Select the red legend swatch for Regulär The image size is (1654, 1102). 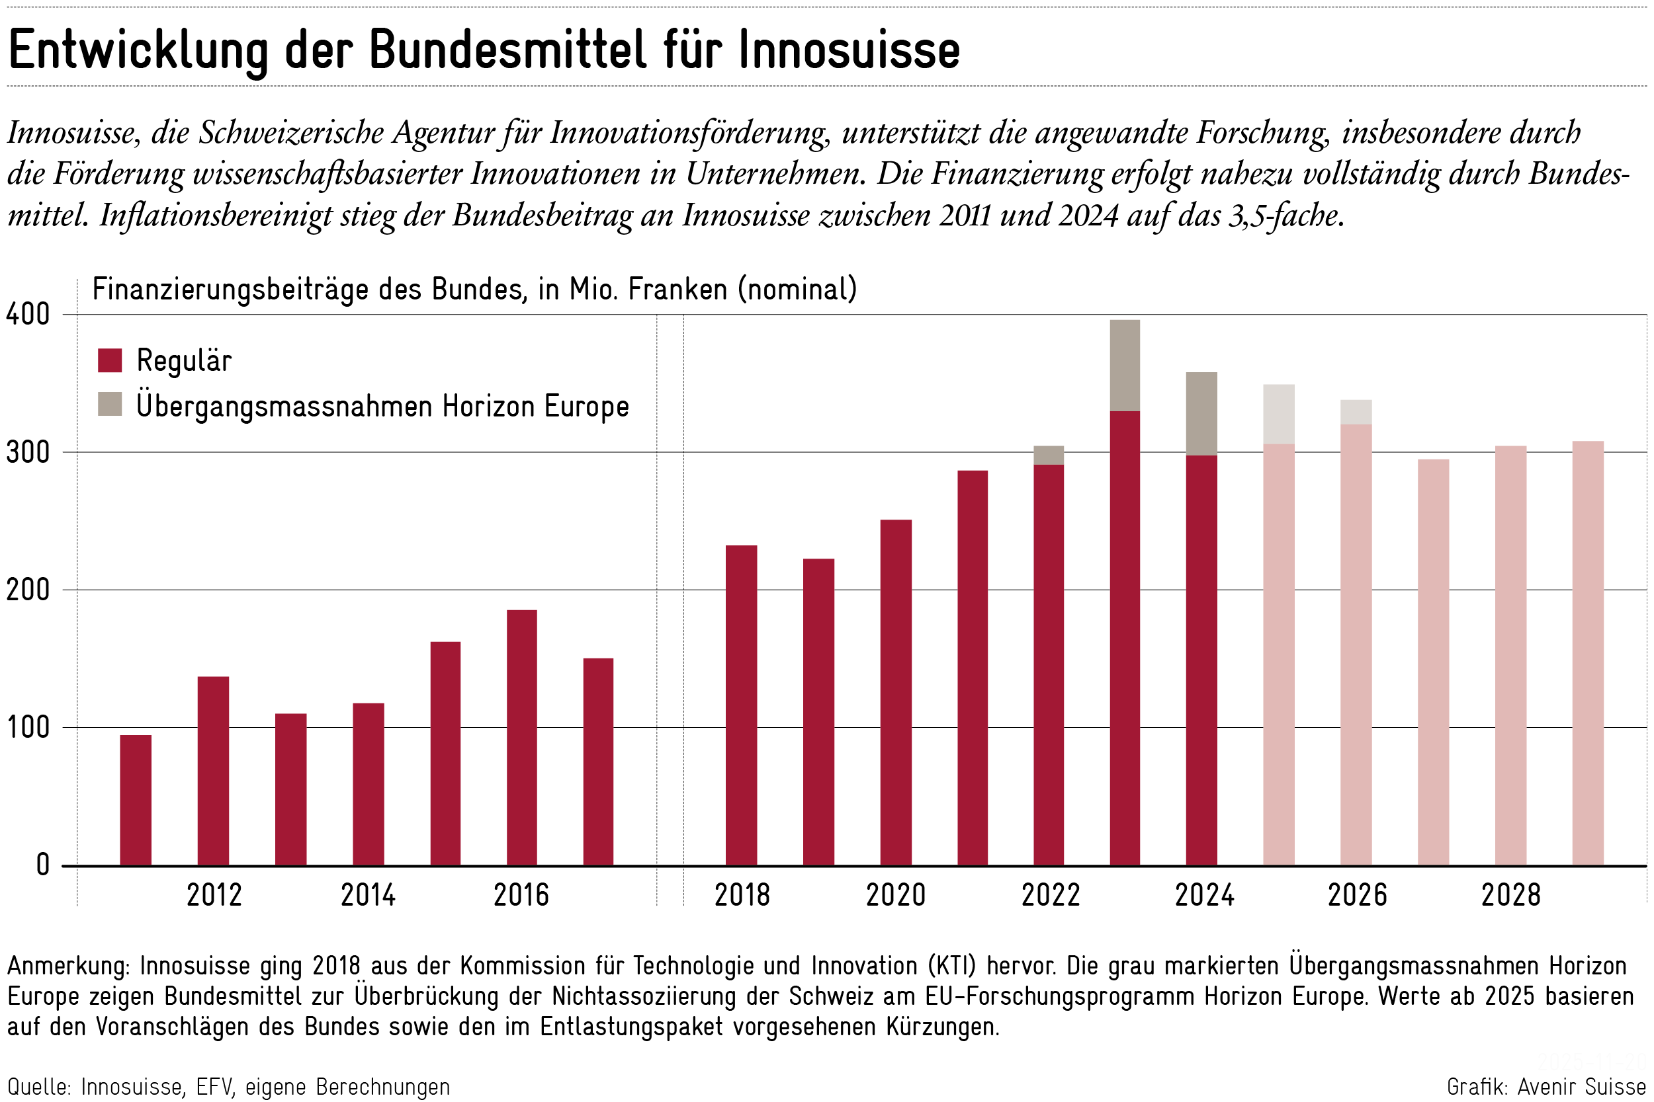coord(110,360)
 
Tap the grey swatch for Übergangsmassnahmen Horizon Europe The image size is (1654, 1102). coord(110,404)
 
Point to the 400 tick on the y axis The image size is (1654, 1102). coord(28,314)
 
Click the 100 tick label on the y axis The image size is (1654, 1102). coord(28,727)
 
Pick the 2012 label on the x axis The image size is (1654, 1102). coord(214,895)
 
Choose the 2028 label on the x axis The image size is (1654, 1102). coord(1510,895)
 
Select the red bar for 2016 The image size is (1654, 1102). coord(522,738)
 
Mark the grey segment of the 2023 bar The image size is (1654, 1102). coord(1125,366)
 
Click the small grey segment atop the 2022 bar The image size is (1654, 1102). coord(1049,455)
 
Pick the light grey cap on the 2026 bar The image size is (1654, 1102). coord(1356,412)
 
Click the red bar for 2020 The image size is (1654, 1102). coord(896,692)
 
